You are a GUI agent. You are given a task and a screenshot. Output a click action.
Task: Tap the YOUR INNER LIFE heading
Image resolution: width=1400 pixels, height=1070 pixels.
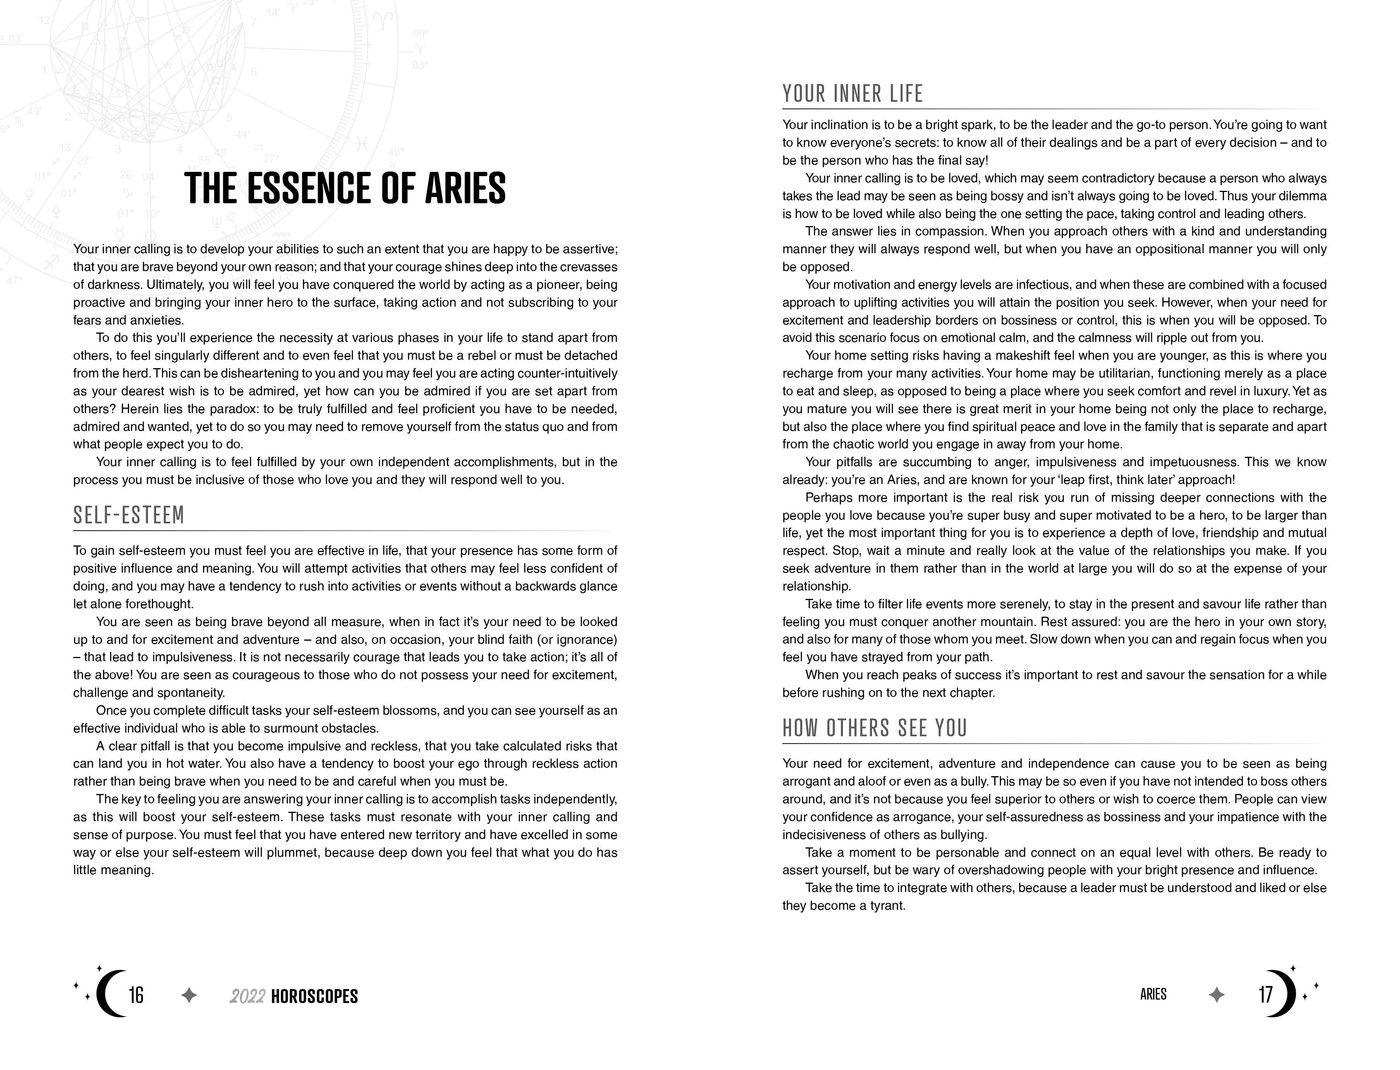(x=853, y=94)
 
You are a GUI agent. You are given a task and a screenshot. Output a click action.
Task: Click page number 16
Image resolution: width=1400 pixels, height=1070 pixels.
(x=136, y=995)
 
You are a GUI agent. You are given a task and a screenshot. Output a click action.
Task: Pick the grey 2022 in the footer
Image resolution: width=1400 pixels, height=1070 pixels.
(x=247, y=997)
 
